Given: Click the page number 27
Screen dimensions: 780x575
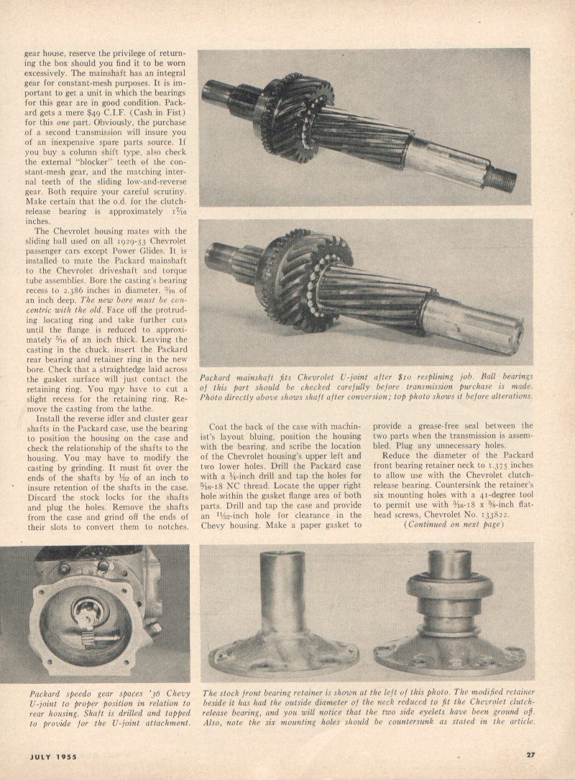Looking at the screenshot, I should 530,754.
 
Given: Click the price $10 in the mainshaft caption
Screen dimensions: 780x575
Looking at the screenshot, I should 385,376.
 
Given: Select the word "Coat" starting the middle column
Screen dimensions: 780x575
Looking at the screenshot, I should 219,425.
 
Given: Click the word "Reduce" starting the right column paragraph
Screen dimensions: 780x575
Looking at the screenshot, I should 398,455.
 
